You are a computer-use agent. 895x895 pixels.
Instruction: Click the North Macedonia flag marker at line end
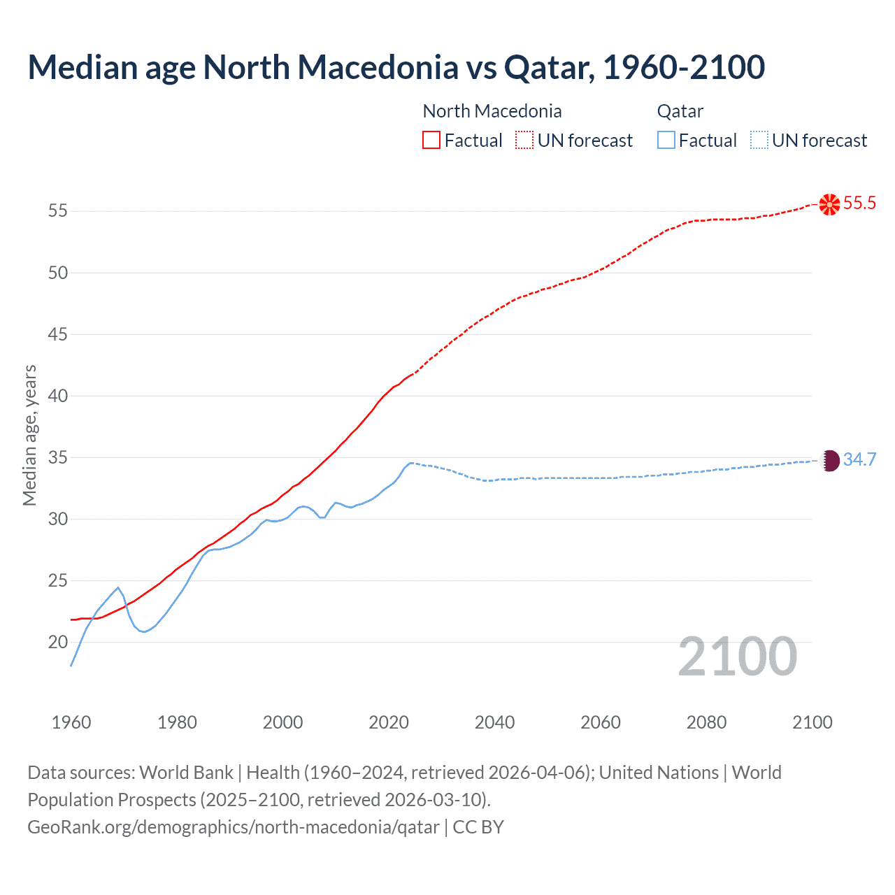coord(829,204)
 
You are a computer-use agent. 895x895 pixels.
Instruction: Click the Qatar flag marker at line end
coord(829,460)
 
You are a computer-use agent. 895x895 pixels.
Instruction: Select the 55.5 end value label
coord(859,203)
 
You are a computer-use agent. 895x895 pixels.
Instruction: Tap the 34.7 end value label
coord(859,459)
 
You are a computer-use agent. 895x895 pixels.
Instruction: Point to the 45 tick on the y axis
coord(58,334)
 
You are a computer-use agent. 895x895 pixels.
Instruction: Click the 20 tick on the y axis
coord(58,642)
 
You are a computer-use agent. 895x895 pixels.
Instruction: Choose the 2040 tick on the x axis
coord(494,722)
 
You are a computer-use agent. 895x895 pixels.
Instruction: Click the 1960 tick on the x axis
coord(71,722)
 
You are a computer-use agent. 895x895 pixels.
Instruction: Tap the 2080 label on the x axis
coord(706,722)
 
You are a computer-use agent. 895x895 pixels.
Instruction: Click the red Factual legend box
coord(431,141)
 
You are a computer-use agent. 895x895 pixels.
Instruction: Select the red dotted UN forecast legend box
coord(524,141)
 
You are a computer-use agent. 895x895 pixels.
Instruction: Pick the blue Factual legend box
coord(666,141)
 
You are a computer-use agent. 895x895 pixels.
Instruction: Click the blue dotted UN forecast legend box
coord(759,141)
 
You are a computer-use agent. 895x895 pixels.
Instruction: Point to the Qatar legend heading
coord(680,111)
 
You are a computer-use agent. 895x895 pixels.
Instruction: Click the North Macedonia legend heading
coord(492,111)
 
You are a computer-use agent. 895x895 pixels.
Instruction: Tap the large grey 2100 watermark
coord(737,657)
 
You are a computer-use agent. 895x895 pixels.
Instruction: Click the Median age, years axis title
coord(29,435)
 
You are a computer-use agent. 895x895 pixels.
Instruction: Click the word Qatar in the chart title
coord(548,67)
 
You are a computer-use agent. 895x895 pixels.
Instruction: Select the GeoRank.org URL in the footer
coord(234,827)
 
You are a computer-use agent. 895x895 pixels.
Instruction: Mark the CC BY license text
coord(478,827)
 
